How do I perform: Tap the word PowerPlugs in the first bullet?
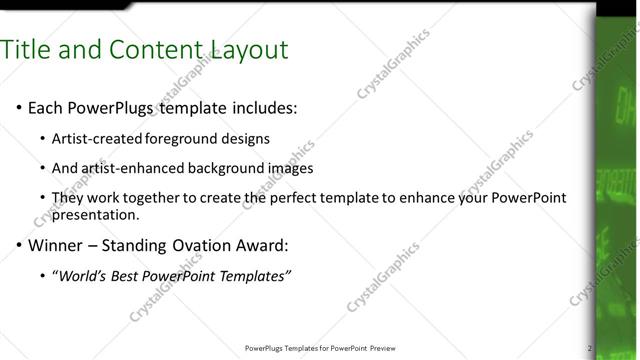click(113, 108)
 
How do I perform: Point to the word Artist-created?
click(97, 139)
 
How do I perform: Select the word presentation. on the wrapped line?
click(96, 214)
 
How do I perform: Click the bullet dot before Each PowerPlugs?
click(17, 108)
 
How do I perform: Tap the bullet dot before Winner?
click(17, 245)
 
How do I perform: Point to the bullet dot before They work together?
click(41, 198)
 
